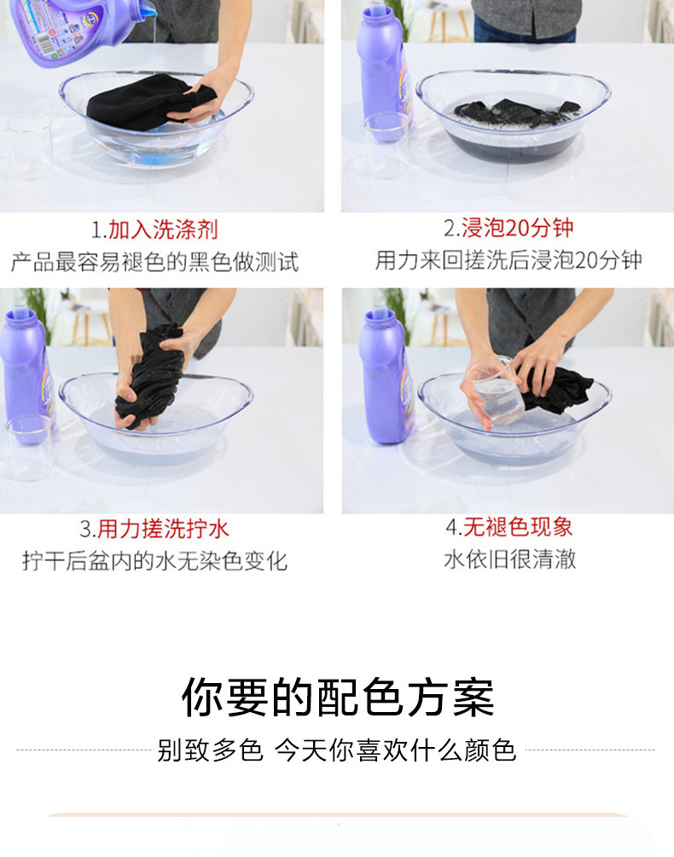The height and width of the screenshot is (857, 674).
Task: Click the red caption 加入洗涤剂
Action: click(x=164, y=229)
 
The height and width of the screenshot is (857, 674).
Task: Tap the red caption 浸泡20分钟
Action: click(x=517, y=228)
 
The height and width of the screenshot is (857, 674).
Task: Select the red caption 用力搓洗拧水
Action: click(x=164, y=529)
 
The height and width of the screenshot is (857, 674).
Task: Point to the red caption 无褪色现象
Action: click(x=518, y=527)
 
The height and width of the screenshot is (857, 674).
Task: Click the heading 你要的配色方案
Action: click(x=338, y=697)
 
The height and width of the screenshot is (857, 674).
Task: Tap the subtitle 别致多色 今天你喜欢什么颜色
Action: click(x=337, y=750)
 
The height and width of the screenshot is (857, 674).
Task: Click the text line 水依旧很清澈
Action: click(x=509, y=559)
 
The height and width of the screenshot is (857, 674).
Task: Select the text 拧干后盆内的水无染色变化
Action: click(x=154, y=561)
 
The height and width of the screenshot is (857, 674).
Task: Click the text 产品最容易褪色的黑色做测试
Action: click(x=154, y=262)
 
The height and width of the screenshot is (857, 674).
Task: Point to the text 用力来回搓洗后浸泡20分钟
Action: click(x=508, y=260)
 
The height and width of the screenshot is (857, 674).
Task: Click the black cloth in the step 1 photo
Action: click(x=150, y=101)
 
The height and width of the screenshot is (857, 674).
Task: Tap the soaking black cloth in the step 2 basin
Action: click(x=516, y=113)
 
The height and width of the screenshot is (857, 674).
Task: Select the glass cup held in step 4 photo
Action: click(x=495, y=391)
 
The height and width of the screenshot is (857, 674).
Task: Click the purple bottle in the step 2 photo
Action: click(x=382, y=71)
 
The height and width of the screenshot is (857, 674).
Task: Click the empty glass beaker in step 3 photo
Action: click(x=28, y=448)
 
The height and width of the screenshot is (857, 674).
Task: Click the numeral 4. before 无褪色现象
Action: click(x=454, y=528)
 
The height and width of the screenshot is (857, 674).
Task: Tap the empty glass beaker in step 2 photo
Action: click(x=386, y=145)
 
